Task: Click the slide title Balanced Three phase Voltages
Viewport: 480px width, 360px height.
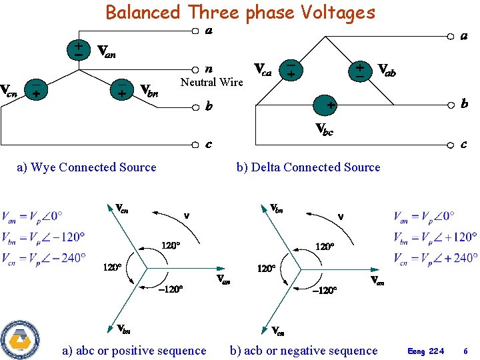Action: coord(240,12)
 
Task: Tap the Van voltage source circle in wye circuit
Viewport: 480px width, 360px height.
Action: coord(79,49)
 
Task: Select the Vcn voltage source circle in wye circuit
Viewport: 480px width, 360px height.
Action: coord(35,89)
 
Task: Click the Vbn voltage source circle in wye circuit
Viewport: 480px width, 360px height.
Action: coord(121,89)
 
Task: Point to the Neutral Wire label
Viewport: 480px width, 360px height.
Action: coord(212,82)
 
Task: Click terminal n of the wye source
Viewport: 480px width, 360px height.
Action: coord(195,69)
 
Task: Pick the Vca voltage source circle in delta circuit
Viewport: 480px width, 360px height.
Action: coord(291,70)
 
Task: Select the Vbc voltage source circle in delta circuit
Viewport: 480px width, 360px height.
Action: coord(325,105)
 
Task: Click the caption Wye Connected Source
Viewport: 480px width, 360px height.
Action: coord(87,167)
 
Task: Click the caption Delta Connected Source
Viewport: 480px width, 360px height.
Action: coord(308,167)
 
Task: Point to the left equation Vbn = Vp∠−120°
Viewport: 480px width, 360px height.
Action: coord(44,237)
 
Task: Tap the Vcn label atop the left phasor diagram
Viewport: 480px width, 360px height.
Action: coord(122,209)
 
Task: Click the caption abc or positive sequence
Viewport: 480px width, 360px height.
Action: coord(134,351)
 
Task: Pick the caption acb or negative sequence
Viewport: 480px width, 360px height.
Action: coord(303,351)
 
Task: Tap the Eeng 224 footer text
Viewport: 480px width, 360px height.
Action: coord(426,351)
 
